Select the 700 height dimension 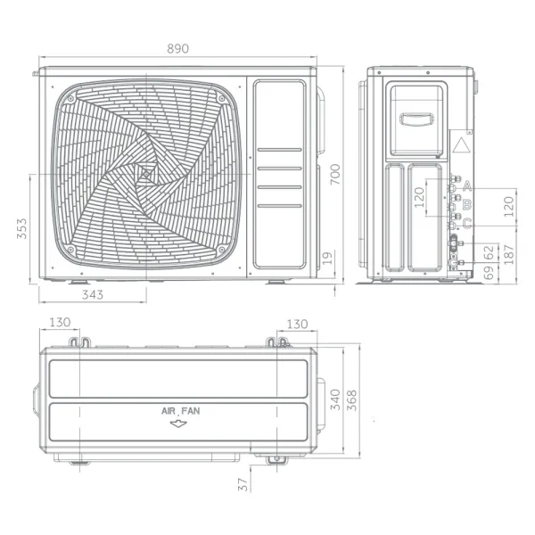point(334,176)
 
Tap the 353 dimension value point(19,230)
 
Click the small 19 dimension point(328,258)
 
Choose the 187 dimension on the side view point(509,256)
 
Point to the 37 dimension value point(243,483)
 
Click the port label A point(466,185)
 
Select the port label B point(466,205)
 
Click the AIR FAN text point(180,411)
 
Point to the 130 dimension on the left point(60,324)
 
